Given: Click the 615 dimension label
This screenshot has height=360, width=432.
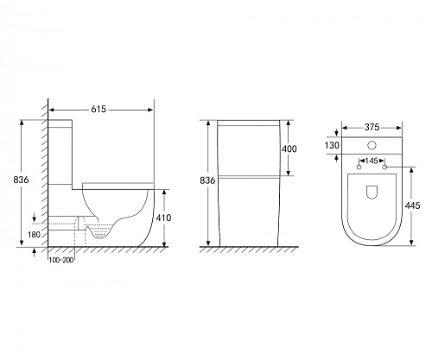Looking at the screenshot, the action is click(98, 110).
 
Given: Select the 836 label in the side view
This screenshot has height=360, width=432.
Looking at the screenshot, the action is click(21, 180).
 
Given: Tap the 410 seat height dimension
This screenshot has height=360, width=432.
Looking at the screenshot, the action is click(163, 218).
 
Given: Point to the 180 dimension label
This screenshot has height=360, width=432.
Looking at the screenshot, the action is click(34, 235).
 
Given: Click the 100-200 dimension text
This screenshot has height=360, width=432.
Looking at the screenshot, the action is click(61, 261).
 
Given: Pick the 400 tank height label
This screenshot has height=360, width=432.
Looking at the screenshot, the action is click(289, 148).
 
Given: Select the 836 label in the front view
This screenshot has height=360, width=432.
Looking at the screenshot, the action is click(207, 180).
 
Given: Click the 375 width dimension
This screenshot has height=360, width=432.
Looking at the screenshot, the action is click(372, 127).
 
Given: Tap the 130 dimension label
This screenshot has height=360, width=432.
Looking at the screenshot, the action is click(332, 146).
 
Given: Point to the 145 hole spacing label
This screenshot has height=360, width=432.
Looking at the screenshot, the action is click(372, 161).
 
